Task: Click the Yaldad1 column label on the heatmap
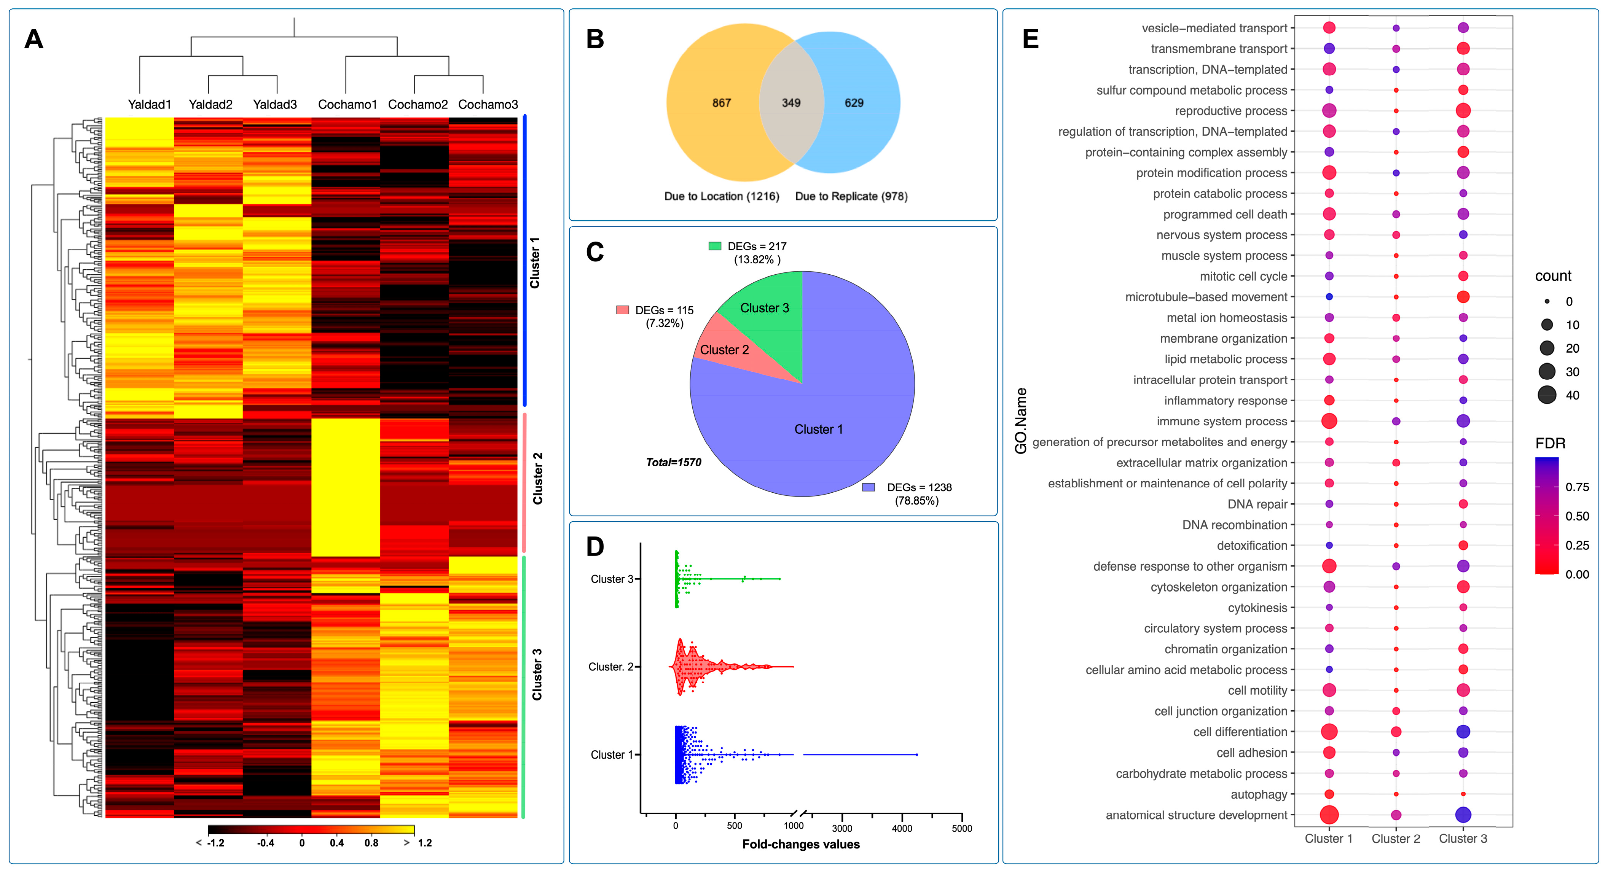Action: click(x=149, y=104)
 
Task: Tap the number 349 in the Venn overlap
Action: click(x=791, y=103)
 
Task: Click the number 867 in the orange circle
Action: click(x=722, y=103)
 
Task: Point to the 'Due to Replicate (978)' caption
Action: click(x=851, y=196)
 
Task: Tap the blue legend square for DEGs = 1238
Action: click(x=868, y=487)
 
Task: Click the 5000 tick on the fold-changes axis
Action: click(x=961, y=828)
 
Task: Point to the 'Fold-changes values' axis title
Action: click(x=800, y=845)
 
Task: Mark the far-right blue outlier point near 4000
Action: click(x=916, y=755)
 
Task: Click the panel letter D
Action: click(x=595, y=547)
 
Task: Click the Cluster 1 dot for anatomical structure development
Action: click(x=1329, y=815)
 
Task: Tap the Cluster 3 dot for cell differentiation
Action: click(x=1463, y=732)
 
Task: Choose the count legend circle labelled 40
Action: click(x=1547, y=395)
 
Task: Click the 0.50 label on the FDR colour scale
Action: click(x=1577, y=516)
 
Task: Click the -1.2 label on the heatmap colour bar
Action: click(x=215, y=843)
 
